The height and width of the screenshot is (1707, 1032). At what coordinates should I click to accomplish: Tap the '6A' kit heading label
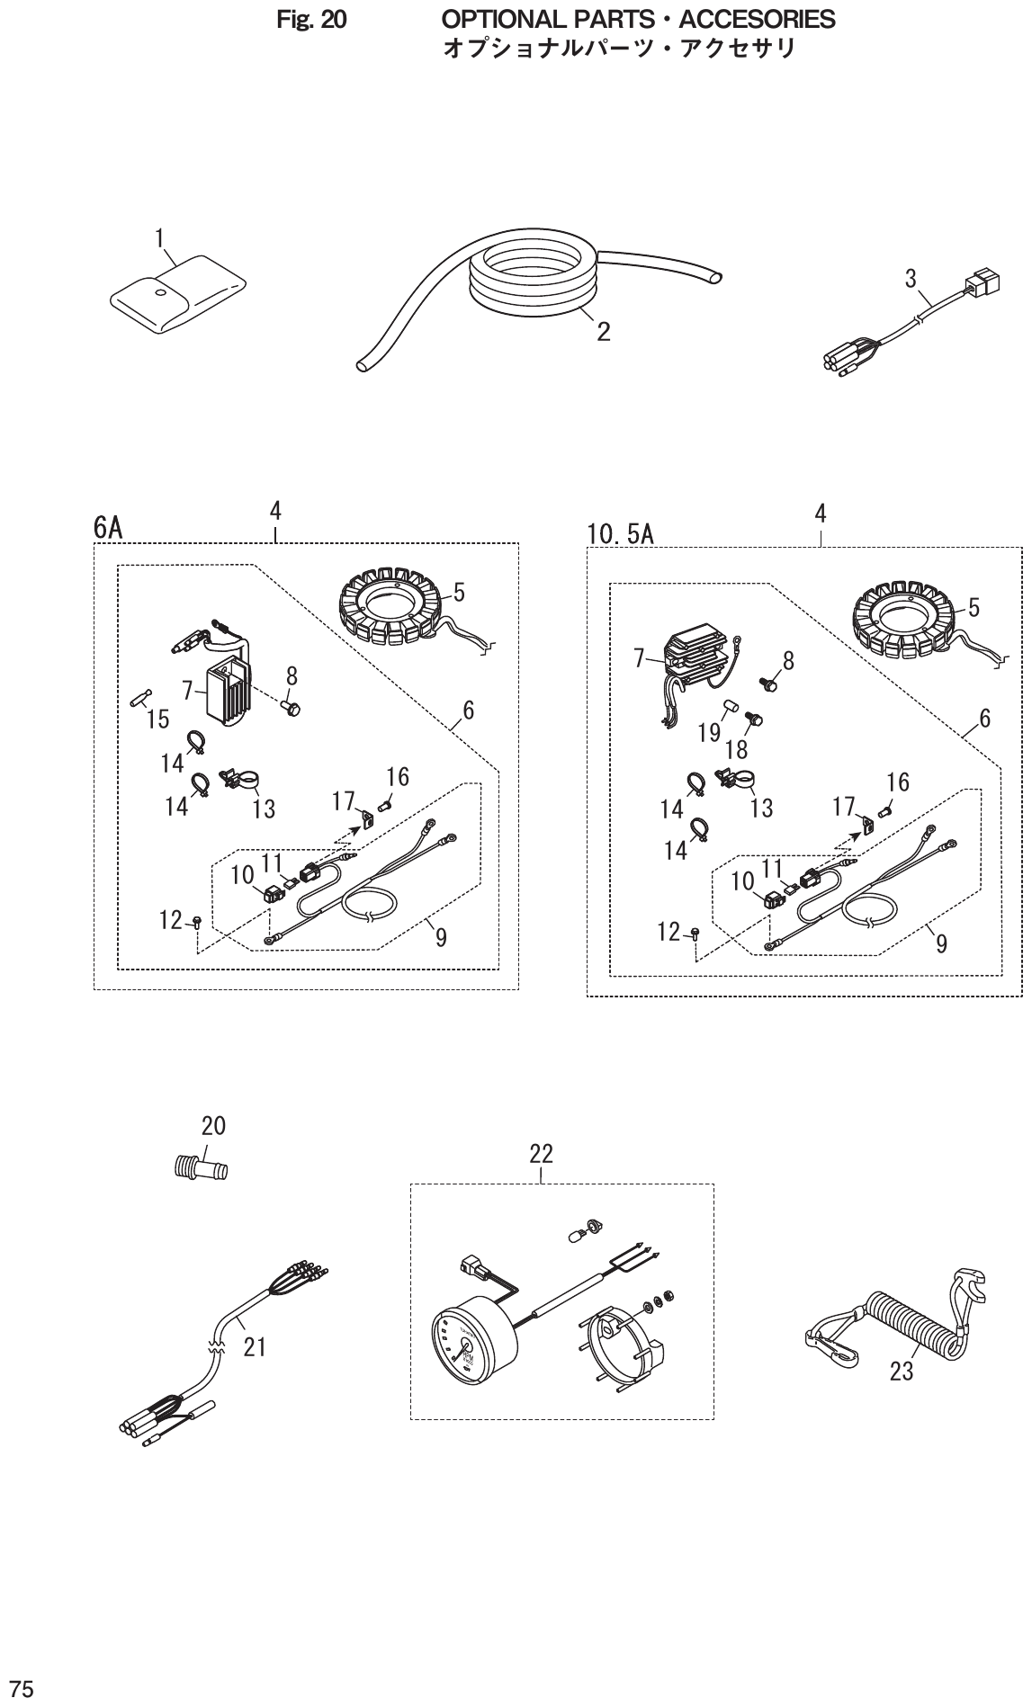pos(108,528)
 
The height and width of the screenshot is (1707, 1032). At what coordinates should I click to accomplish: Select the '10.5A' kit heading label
pos(621,535)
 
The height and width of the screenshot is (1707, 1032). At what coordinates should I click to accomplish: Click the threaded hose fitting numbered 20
pos(200,1169)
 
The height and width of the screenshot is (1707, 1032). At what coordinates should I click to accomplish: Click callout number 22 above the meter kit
pos(541,1153)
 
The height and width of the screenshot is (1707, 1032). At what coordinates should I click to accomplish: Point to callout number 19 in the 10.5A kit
pos(710,733)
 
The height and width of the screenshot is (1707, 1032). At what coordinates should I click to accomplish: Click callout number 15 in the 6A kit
pos(157,719)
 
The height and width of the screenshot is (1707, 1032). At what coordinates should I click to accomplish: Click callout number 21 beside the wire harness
pos(256,1347)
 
